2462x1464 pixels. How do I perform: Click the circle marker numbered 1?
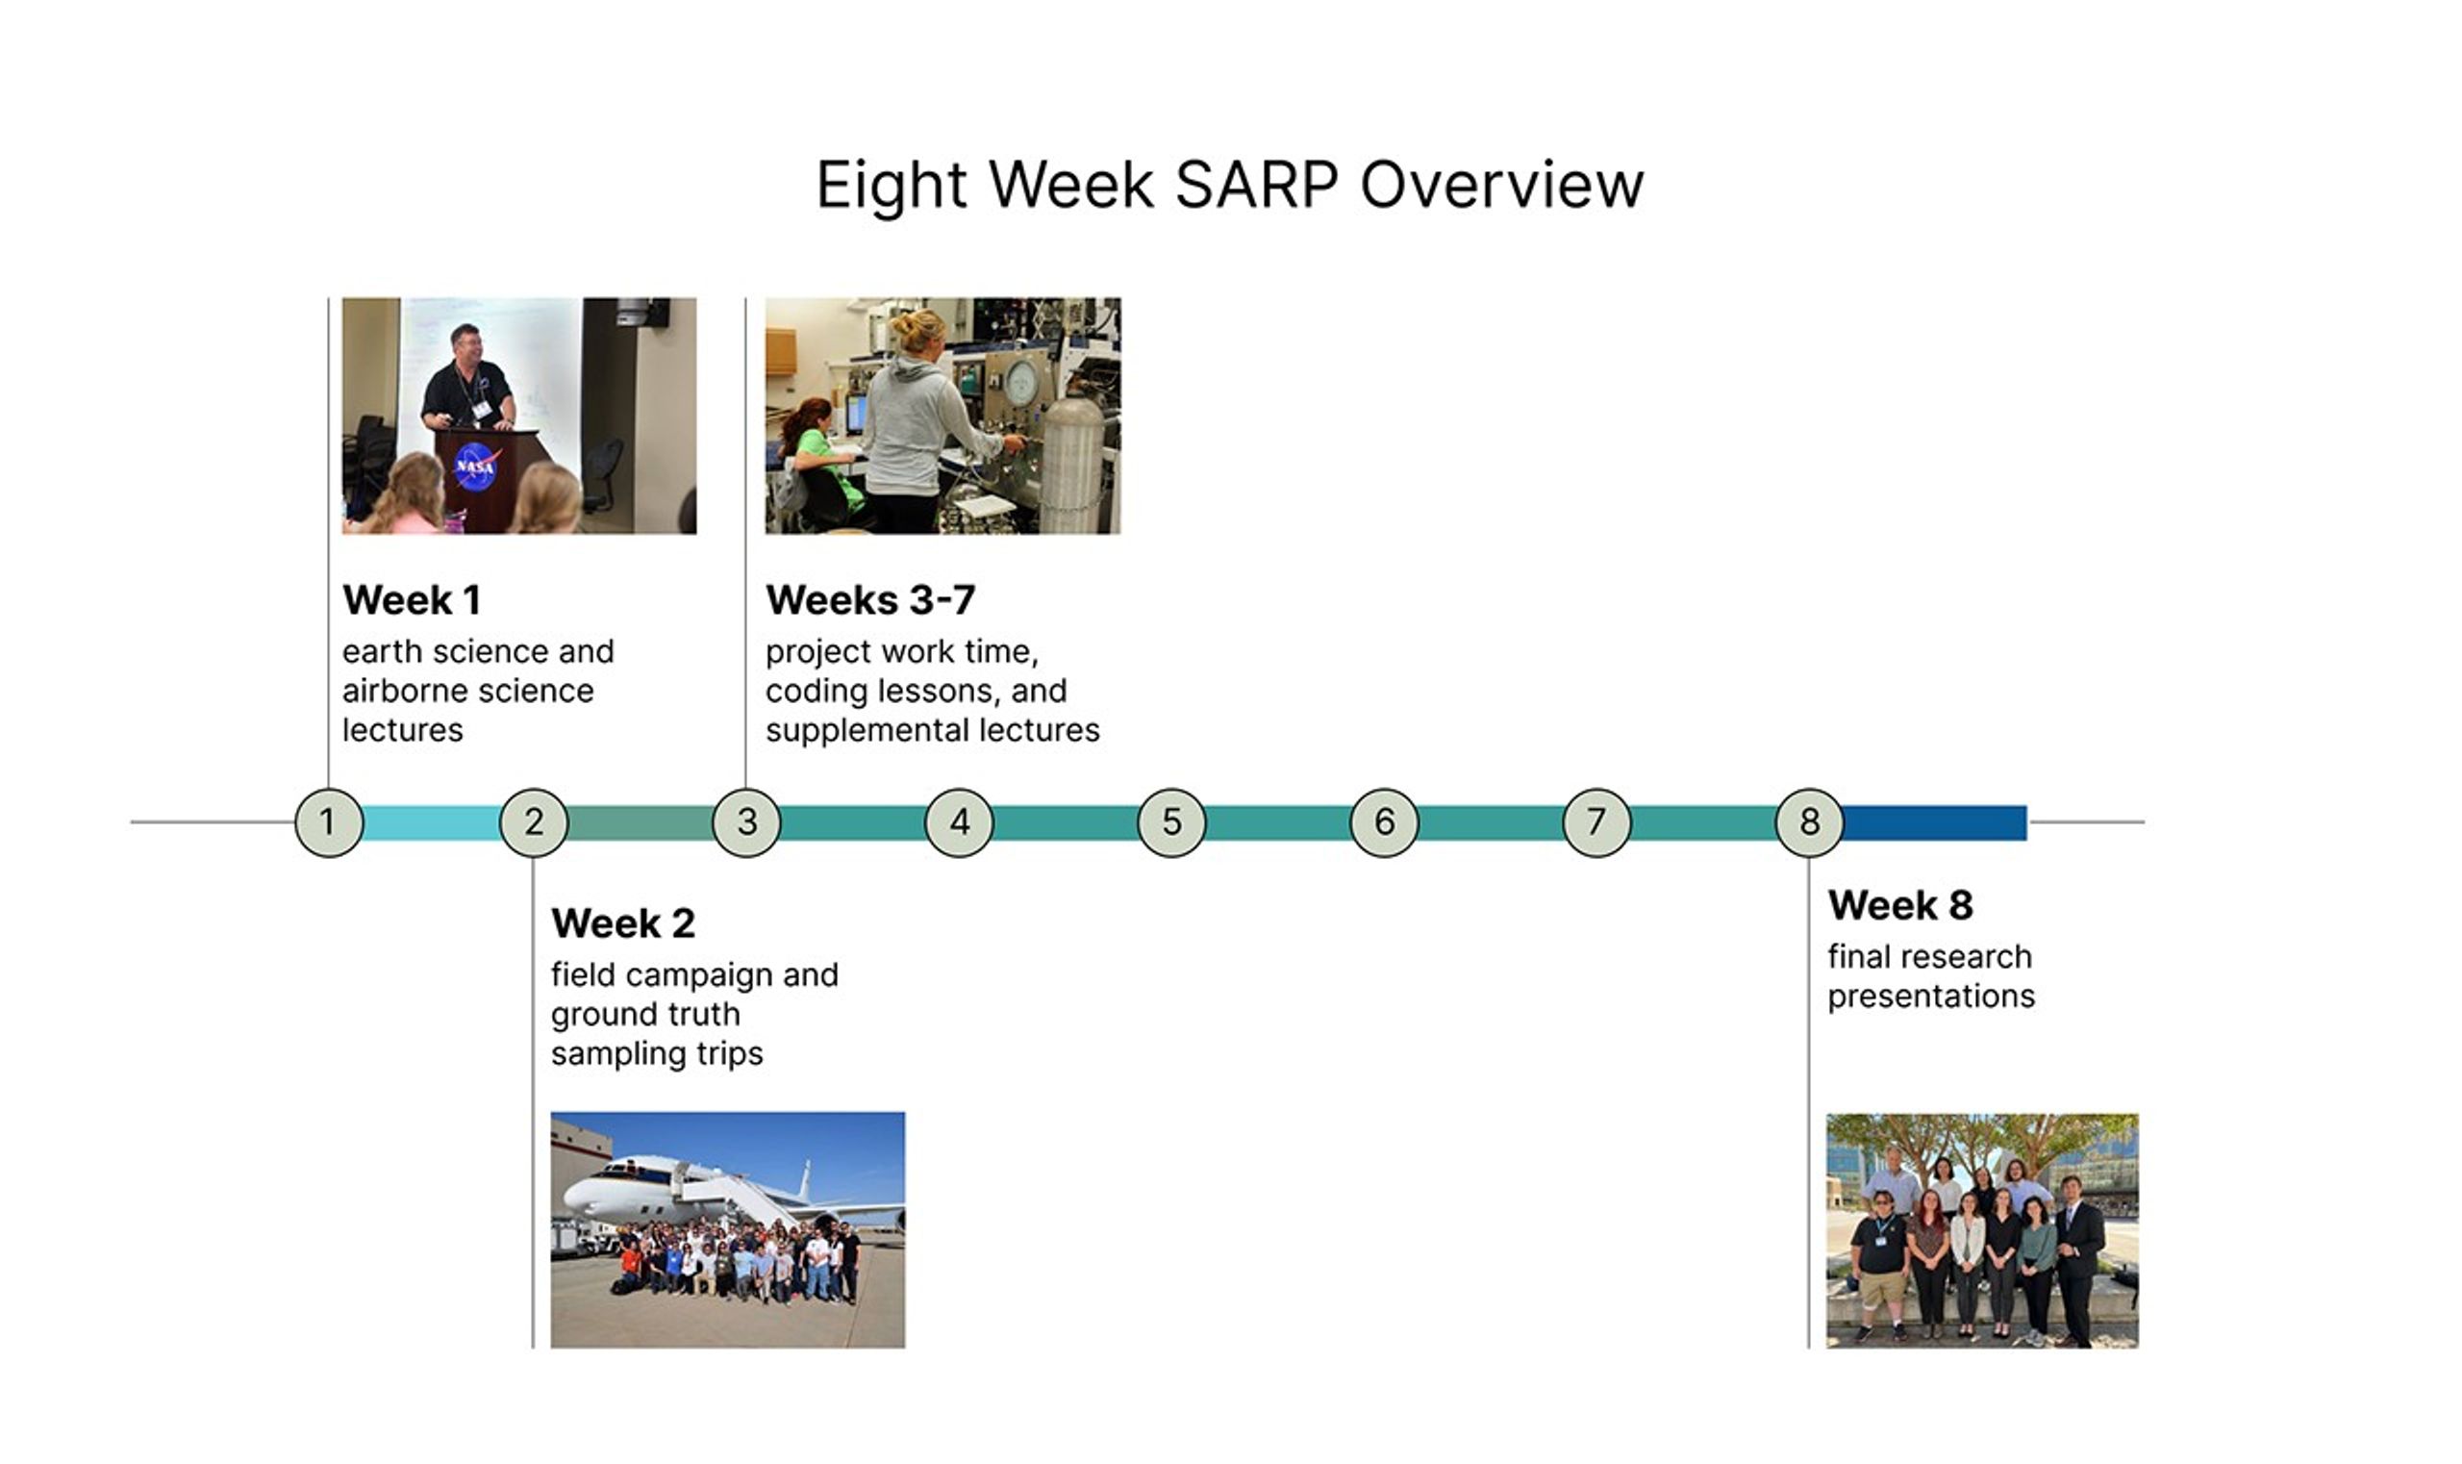tap(329, 821)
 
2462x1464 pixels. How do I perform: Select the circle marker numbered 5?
tap(1170, 821)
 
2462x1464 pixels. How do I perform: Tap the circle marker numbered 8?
tap(1808, 821)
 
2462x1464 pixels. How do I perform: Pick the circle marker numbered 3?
tap(746, 821)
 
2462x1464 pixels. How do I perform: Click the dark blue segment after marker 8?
tap(1933, 822)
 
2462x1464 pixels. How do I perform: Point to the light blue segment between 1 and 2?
tap(431, 822)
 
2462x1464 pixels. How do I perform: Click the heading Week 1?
tap(412, 600)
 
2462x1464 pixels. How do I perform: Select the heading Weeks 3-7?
tap(870, 600)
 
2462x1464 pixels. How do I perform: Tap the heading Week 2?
tap(622, 923)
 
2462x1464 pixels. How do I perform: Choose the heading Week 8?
tap(1899, 904)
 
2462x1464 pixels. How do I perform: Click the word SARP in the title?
tap(1256, 185)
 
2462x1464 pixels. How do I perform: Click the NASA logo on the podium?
tap(475, 466)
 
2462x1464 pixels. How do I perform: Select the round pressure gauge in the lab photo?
tap(1022, 379)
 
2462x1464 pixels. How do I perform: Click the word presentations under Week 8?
tap(1930, 997)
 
